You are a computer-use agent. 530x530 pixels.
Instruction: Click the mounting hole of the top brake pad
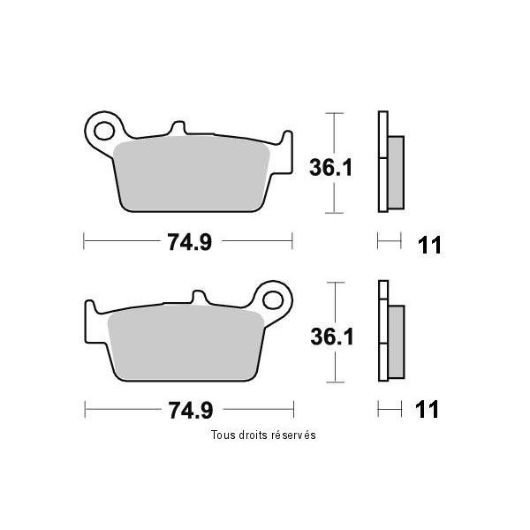coord(103,131)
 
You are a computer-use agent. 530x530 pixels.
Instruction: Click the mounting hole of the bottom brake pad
coord(273,300)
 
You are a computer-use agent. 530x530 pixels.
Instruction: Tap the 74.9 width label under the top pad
coord(190,242)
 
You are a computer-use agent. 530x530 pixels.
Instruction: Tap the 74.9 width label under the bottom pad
coord(191,411)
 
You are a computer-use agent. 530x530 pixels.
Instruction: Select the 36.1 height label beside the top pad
coord(331,168)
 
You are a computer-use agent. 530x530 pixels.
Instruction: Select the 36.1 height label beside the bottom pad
coord(332,337)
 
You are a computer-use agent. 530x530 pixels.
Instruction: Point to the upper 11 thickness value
coord(429,245)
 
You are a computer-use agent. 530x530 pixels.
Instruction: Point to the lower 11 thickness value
coord(427,409)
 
